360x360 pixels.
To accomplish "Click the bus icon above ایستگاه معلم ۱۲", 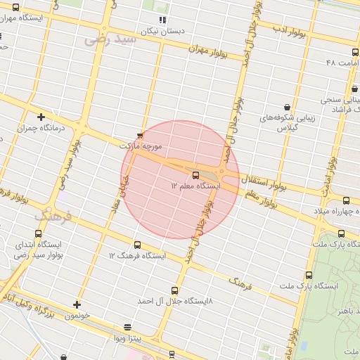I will [x=195, y=175].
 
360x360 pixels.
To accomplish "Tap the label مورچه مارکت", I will [x=143, y=146].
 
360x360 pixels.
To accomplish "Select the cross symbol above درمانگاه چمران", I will [x=41, y=117].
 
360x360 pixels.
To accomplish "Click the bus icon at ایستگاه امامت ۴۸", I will [x=353, y=53].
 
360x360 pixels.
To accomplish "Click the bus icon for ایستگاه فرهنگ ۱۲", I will [x=137, y=245].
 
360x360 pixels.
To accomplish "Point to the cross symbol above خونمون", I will [x=77, y=304].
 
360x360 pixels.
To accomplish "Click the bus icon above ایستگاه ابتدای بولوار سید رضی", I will [x=38, y=233].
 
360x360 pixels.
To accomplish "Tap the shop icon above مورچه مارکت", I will [x=139, y=135].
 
